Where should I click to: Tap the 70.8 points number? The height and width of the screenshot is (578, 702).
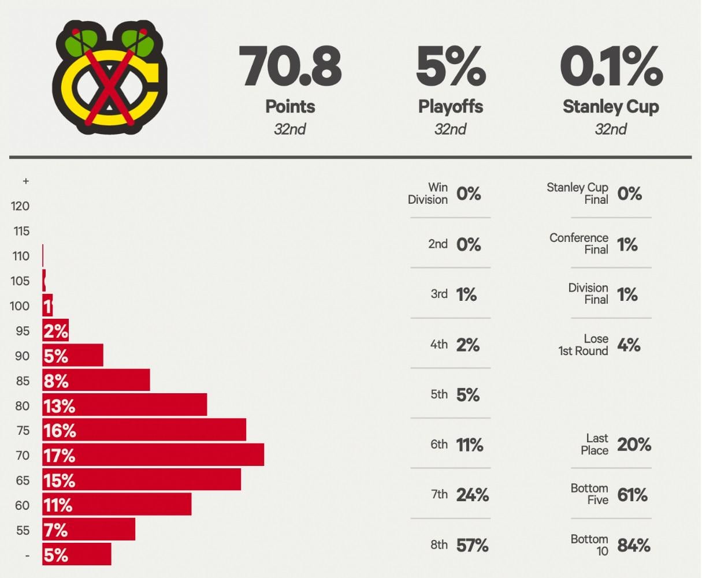pos(290,68)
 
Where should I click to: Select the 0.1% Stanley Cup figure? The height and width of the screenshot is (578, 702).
pos(611,68)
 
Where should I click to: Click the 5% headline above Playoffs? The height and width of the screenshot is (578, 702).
pos(451,68)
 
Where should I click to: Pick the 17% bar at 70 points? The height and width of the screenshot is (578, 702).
pos(153,455)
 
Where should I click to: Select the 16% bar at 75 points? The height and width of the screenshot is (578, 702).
pos(144,430)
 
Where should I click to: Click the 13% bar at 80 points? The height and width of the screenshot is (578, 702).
pos(124,405)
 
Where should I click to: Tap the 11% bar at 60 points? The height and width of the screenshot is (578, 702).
pos(117,505)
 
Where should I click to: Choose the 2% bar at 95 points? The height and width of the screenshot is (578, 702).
pos(55,331)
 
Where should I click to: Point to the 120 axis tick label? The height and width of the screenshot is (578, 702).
pos(20,206)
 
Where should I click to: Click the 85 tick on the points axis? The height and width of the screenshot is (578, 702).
pos(23,381)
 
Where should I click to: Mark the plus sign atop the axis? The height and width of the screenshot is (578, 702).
pos(25,181)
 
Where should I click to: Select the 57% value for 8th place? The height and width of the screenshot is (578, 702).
pos(472,545)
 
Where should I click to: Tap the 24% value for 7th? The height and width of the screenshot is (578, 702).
pos(472,495)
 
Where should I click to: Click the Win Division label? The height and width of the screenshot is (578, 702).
pos(428,193)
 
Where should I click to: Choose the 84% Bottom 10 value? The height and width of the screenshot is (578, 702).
pos(633,545)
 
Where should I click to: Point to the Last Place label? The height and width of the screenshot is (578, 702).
pos(595,445)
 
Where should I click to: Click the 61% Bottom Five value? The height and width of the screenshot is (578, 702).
pos(632,495)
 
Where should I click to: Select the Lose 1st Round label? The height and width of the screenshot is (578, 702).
pos(584,345)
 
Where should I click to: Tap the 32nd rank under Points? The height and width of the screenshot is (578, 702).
pos(290,129)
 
